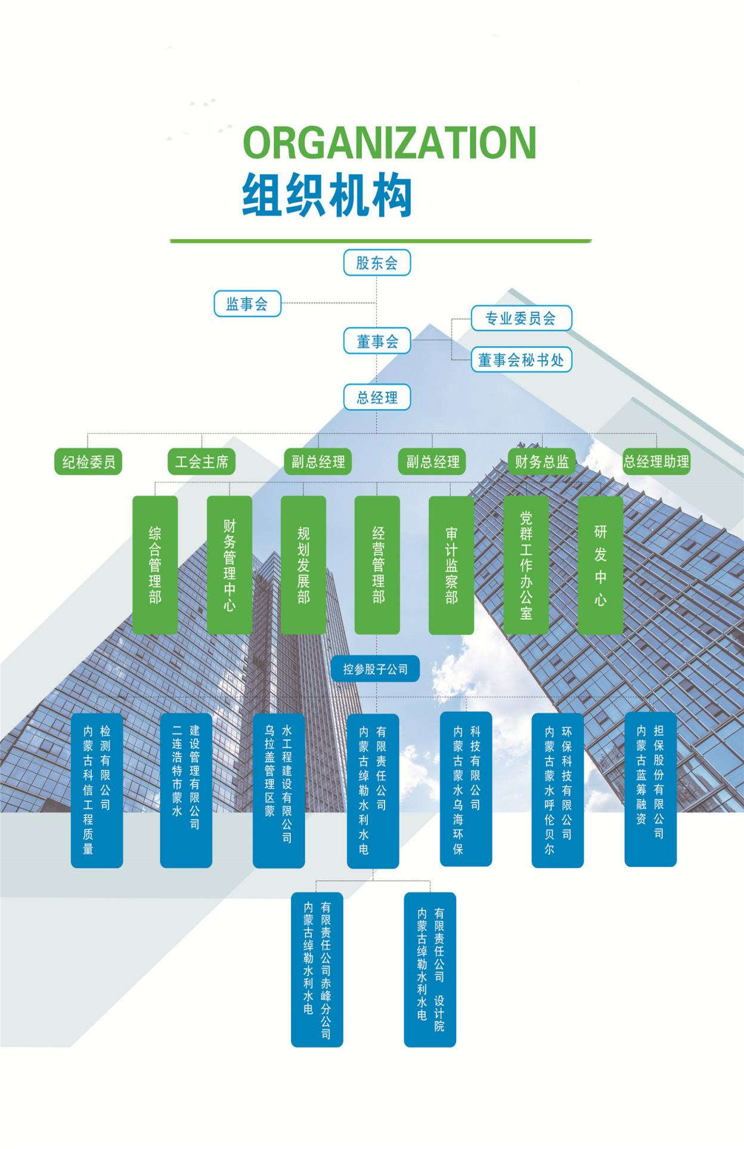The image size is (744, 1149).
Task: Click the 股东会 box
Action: point(377,262)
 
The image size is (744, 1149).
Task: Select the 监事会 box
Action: point(247,304)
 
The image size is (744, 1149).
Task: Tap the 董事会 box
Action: point(377,341)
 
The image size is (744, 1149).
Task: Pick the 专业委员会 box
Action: point(521,318)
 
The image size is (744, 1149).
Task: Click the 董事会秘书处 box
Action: point(521,360)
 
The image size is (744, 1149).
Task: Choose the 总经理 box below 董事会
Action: point(377,397)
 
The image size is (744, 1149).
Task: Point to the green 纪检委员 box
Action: point(88,462)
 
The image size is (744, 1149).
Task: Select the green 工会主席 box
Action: point(202,462)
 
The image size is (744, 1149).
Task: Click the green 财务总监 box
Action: point(541,462)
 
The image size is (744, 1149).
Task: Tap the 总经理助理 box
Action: point(656,462)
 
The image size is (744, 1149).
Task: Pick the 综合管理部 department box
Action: point(155,564)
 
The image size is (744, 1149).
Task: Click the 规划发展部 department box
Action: point(303,564)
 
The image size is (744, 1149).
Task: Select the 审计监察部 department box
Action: point(451,564)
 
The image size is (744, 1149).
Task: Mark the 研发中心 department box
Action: point(600,564)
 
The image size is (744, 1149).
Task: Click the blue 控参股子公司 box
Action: point(376,669)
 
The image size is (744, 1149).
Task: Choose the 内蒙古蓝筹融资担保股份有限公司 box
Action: point(650,789)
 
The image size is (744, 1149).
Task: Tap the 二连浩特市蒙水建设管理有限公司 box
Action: point(186,790)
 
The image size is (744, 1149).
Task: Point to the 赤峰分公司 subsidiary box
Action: point(317,970)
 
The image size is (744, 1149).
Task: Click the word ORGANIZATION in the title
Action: point(390,142)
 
